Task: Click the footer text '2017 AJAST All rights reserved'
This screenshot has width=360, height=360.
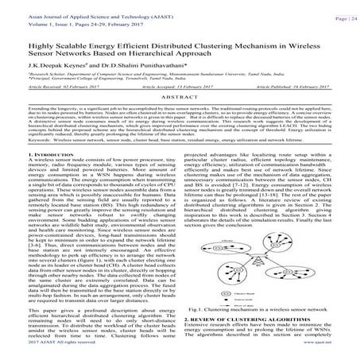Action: tap(41, 354)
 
